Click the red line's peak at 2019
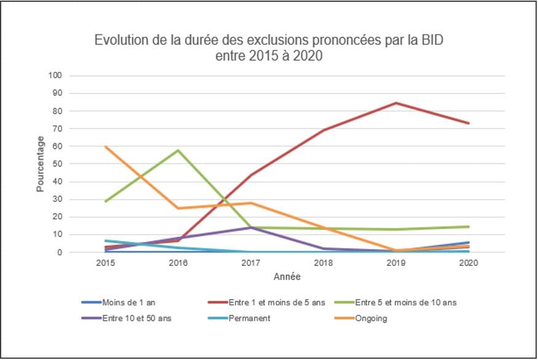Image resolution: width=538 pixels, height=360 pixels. (396, 103)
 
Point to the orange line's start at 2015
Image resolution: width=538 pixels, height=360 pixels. (106, 146)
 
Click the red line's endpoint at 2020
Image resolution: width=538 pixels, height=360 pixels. (469, 123)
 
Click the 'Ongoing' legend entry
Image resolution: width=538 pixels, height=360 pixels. (371, 318)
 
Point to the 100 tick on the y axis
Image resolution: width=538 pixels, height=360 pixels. (56, 76)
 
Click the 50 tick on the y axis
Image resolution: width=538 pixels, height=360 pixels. (58, 164)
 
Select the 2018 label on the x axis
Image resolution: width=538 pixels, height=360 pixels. (323, 264)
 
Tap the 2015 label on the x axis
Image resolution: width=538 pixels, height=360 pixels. (106, 264)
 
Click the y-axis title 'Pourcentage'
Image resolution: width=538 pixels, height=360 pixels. (41, 163)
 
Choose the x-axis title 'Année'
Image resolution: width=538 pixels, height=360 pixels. (287, 277)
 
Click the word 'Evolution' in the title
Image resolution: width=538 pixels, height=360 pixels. (119, 41)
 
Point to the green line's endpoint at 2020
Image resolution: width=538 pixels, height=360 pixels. (469, 227)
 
